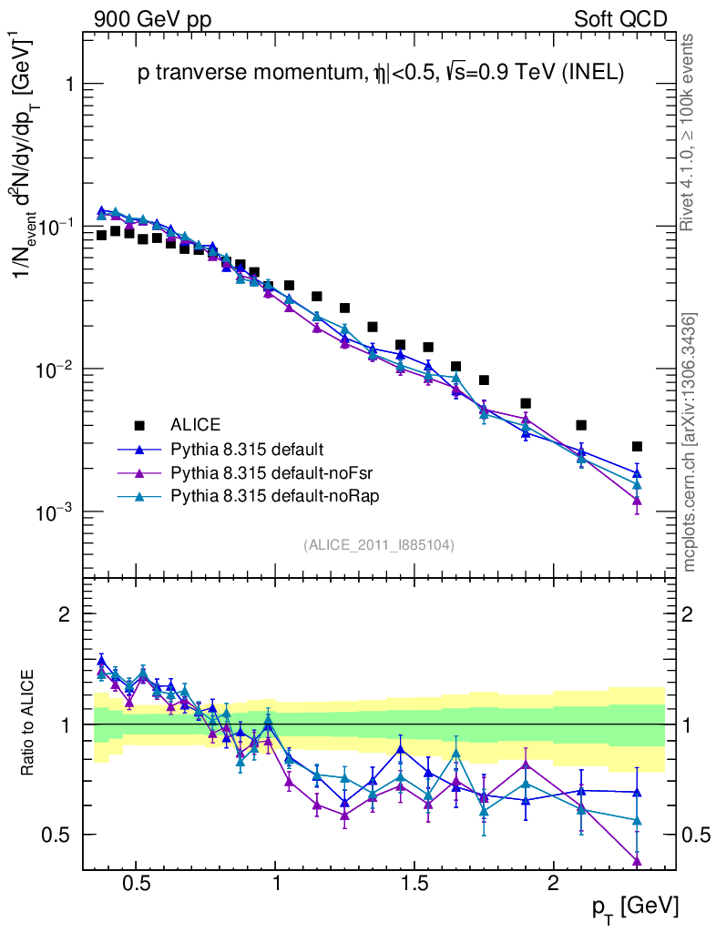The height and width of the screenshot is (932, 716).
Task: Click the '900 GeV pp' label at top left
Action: (150, 19)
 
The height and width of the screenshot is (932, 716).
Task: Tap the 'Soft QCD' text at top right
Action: (620, 19)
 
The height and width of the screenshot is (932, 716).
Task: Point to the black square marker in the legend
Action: (139, 424)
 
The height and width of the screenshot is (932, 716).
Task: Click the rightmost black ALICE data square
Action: (637, 446)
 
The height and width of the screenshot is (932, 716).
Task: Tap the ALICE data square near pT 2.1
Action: (581, 425)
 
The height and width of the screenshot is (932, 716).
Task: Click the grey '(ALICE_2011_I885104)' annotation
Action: (378, 544)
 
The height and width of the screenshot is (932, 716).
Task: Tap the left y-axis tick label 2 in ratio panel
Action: (65, 613)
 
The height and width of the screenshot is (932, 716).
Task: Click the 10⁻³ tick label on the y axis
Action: (52, 512)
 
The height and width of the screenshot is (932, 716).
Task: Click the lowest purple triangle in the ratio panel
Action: (637, 860)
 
